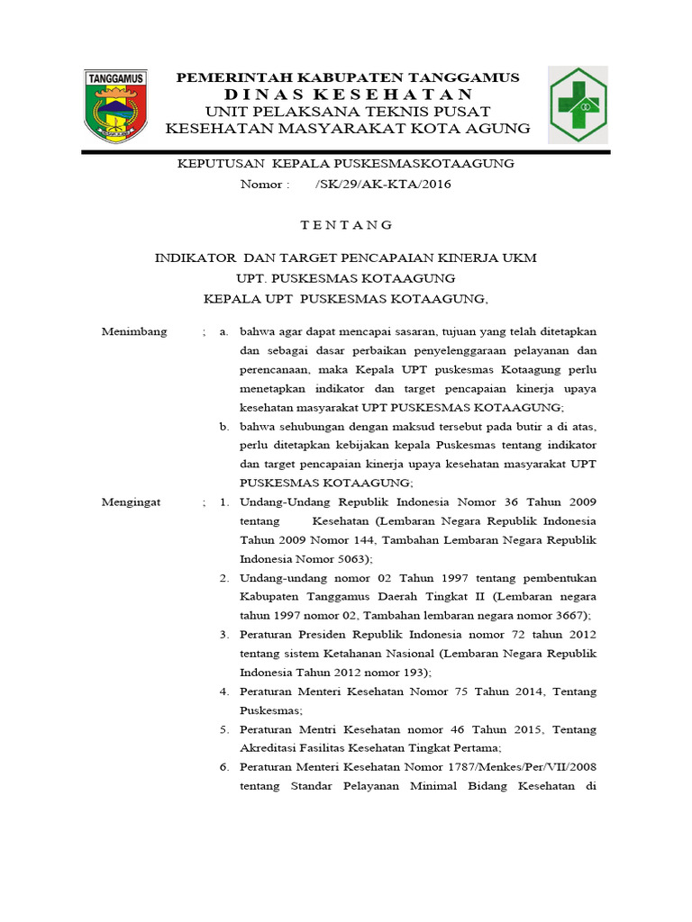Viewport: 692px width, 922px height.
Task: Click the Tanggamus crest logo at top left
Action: [116, 106]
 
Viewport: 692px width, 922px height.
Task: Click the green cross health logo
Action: [590, 105]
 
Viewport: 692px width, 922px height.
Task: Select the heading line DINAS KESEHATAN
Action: [348, 95]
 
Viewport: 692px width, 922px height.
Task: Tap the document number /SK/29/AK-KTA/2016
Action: [383, 185]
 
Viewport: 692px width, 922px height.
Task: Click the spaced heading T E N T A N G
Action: [346, 224]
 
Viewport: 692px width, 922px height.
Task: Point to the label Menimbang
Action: [134, 331]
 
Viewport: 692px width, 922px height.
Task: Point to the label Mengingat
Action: [132, 502]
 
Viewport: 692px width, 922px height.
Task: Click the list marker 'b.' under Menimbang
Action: [224, 426]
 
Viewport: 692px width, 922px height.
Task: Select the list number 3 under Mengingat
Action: [224, 635]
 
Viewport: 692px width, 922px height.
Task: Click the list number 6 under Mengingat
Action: [224, 766]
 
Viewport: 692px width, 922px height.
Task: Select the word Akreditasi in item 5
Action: [268, 747]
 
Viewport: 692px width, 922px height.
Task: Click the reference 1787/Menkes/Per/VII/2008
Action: [520, 766]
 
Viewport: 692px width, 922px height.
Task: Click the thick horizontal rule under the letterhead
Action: [346, 151]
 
